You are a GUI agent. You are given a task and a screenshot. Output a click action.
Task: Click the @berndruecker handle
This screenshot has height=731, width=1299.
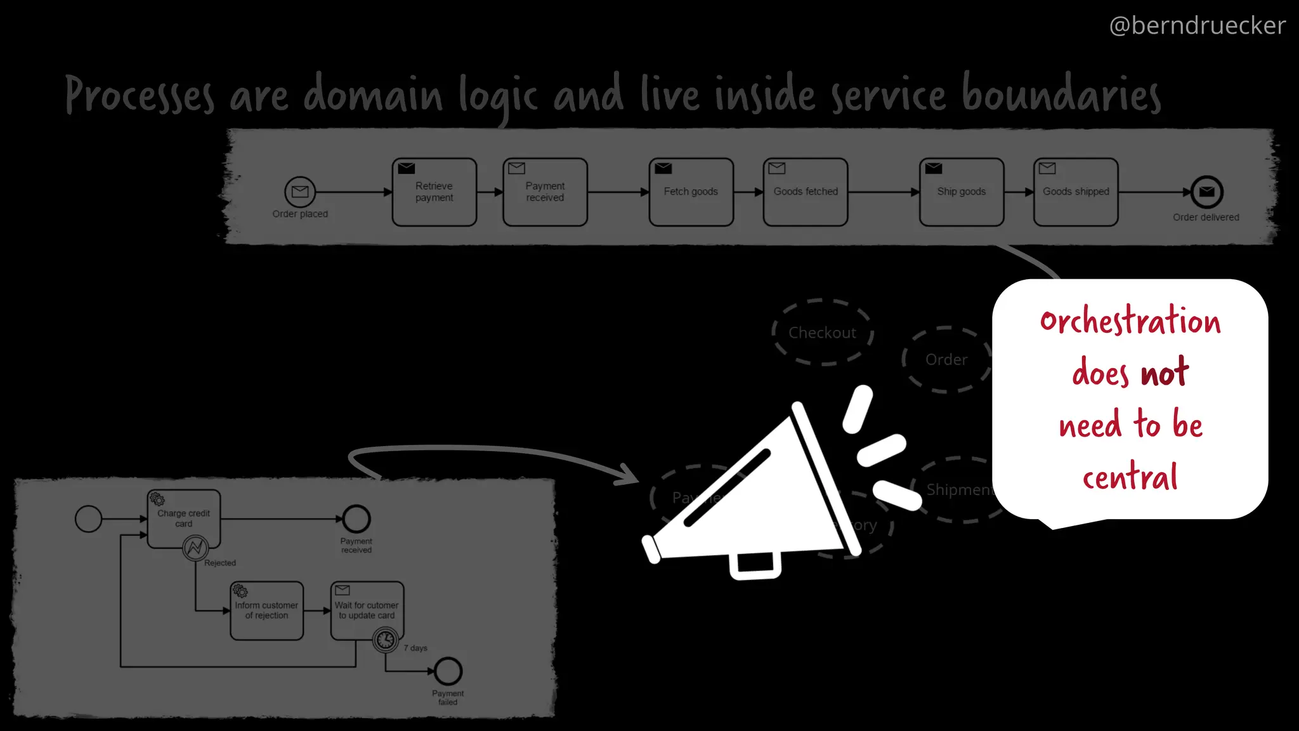click(1197, 26)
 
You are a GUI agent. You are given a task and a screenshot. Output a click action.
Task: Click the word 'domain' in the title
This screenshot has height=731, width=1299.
click(372, 95)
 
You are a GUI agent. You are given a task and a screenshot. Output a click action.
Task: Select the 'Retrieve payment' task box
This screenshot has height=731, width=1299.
click(434, 192)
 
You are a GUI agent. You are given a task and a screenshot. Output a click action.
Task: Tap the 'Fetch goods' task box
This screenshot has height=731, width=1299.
click(691, 192)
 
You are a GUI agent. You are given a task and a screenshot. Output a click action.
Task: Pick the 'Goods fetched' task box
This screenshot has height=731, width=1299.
click(805, 192)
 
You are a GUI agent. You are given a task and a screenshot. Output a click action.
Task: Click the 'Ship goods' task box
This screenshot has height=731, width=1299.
click(961, 192)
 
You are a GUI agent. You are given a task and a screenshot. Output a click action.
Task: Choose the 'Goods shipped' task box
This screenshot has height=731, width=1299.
click(1076, 192)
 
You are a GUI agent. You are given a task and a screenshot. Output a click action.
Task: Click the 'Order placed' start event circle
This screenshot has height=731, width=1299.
click(300, 192)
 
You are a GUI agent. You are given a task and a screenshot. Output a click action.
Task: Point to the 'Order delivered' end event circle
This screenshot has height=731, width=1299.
click(1206, 192)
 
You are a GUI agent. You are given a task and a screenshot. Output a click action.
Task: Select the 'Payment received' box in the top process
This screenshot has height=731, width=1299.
click(545, 192)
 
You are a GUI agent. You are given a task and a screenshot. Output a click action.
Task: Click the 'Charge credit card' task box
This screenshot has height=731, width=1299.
click(184, 518)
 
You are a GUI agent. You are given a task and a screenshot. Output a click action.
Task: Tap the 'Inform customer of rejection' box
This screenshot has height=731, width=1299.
click(266, 610)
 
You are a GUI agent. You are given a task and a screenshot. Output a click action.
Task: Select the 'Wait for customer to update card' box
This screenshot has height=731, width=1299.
click(367, 610)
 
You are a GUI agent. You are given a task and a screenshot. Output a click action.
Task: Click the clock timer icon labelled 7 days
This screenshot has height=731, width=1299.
click(386, 640)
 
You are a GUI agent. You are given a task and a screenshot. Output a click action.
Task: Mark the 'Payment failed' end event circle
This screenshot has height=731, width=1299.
click(448, 671)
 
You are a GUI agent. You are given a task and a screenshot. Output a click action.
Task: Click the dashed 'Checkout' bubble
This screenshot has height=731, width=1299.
click(822, 333)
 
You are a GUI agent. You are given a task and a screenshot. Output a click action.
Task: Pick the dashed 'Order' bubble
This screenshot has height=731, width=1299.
click(946, 360)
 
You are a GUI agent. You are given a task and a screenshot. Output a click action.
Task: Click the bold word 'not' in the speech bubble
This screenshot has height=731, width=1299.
click(1165, 373)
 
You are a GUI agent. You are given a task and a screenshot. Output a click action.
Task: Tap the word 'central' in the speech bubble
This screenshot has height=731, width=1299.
click(1130, 477)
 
